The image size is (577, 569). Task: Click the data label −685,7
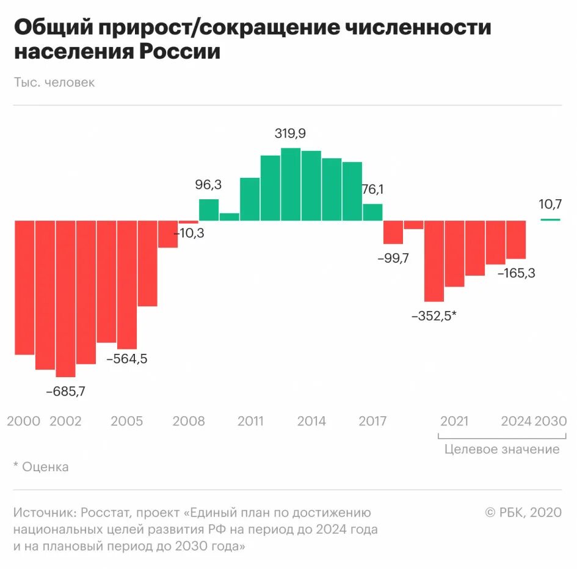(65, 392)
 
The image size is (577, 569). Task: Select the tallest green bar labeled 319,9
(291, 183)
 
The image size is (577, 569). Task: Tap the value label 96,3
(209, 184)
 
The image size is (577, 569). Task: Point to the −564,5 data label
(126, 359)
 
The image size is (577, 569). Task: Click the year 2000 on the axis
(24, 421)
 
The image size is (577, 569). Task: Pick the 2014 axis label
(311, 421)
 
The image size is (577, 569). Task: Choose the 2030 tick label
(551, 421)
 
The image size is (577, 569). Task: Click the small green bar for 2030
(550, 219)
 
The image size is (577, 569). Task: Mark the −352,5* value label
(434, 317)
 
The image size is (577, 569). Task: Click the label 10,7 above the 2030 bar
(550, 204)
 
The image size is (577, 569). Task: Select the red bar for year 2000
(24, 287)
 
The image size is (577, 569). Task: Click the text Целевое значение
(502, 449)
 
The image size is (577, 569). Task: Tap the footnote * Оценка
(41, 467)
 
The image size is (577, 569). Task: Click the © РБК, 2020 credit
(523, 513)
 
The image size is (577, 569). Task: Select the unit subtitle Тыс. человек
(54, 82)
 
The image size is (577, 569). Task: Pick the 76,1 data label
(372, 189)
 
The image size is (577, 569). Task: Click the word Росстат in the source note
(105, 513)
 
